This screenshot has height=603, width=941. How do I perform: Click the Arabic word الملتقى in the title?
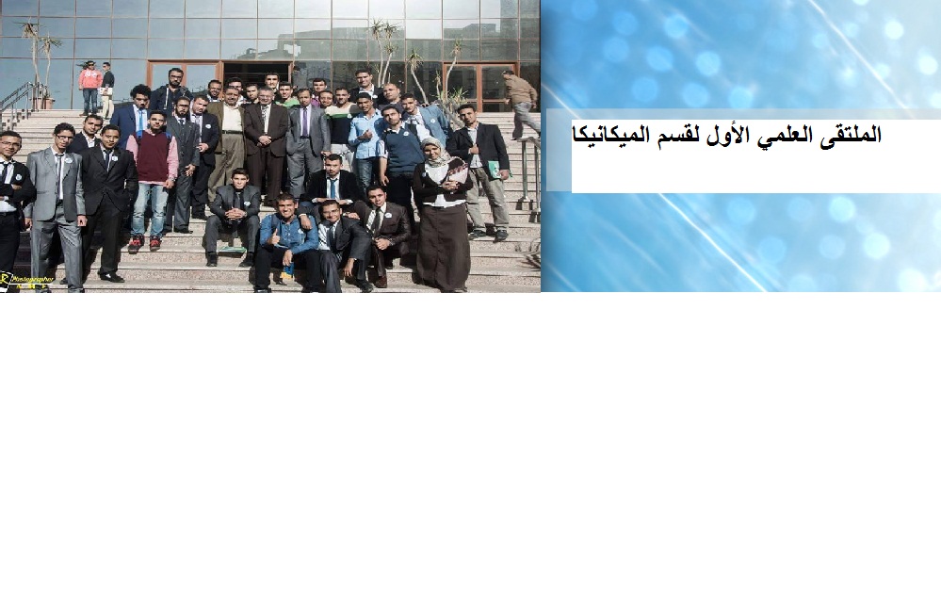pyautogui.click(x=847, y=135)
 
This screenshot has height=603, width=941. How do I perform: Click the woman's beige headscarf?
pyautogui.click(x=434, y=152)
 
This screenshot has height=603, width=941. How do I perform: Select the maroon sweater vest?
pyautogui.click(x=153, y=155)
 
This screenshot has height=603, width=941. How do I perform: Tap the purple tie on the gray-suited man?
pyautogui.click(x=304, y=122)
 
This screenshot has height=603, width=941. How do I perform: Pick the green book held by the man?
pyautogui.click(x=494, y=170)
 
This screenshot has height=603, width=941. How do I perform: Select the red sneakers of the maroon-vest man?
pyautogui.click(x=136, y=243)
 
